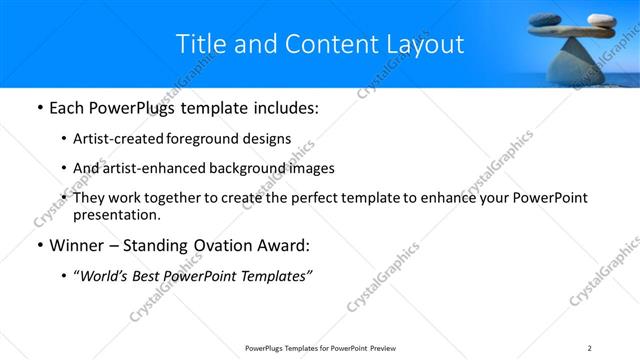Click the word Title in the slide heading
point(200,44)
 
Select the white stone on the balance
point(600,19)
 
